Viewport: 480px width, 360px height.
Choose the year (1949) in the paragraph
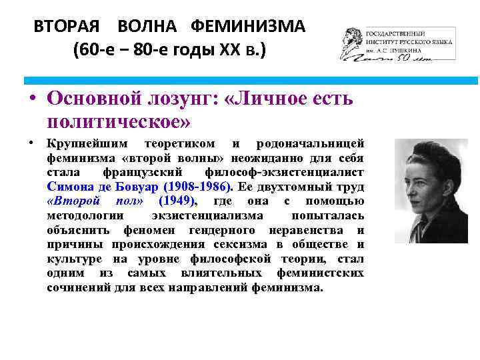coord(177,201)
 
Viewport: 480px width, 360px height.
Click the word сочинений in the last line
coord(74,288)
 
